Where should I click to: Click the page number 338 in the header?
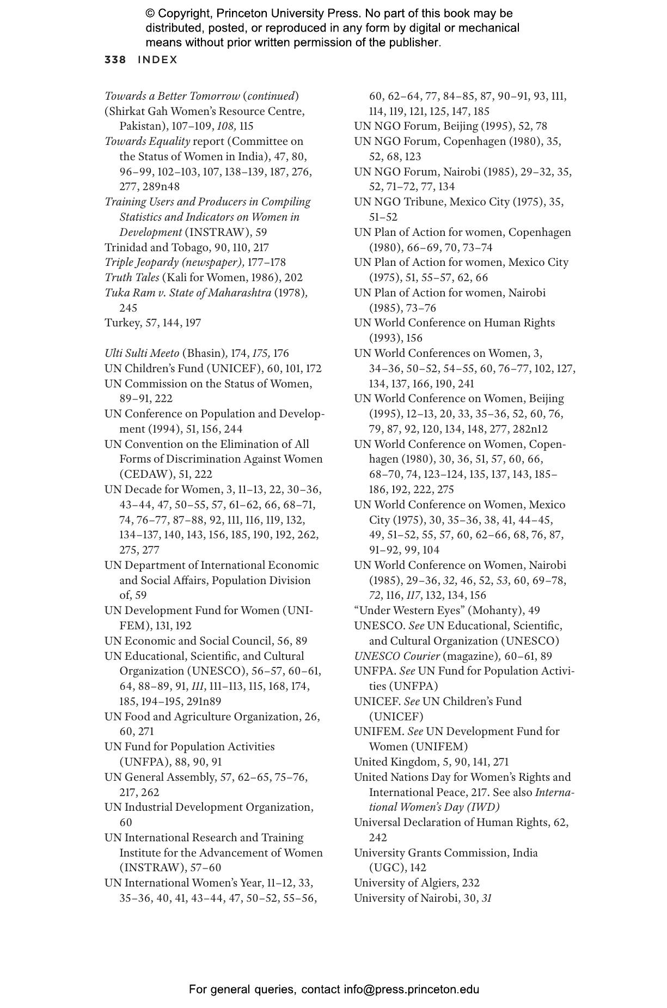(115, 60)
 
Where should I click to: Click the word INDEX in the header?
(157, 60)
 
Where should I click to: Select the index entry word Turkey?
(122, 323)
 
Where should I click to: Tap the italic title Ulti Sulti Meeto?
(142, 354)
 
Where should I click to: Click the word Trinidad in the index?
(125, 247)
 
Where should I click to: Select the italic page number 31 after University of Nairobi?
(486, 898)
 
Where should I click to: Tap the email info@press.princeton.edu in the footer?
(411, 989)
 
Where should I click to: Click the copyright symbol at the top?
(150, 14)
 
